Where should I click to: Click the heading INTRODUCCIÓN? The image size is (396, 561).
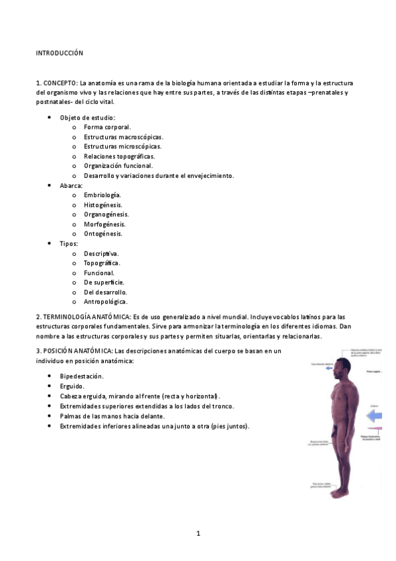click(59, 52)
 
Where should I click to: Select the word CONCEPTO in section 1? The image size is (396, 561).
click(60, 83)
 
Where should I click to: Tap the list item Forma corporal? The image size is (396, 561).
click(107, 127)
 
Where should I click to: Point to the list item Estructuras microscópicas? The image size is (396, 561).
click(122, 146)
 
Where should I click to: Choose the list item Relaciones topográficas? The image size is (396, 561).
click(119, 156)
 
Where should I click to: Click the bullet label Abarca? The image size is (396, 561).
click(71, 186)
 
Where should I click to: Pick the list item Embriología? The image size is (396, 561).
click(102, 195)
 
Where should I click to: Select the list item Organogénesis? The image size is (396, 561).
click(106, 214)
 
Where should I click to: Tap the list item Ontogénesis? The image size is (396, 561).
click(103, 234)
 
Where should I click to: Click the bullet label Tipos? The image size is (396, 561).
click(69, 243)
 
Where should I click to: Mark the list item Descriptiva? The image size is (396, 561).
click(102, 253)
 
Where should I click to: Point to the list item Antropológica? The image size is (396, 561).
click(106, 302)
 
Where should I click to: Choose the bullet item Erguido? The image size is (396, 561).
click(72, 386)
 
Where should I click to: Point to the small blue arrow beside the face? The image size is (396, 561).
click(350, 363)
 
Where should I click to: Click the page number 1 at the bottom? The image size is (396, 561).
click(198, 533)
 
